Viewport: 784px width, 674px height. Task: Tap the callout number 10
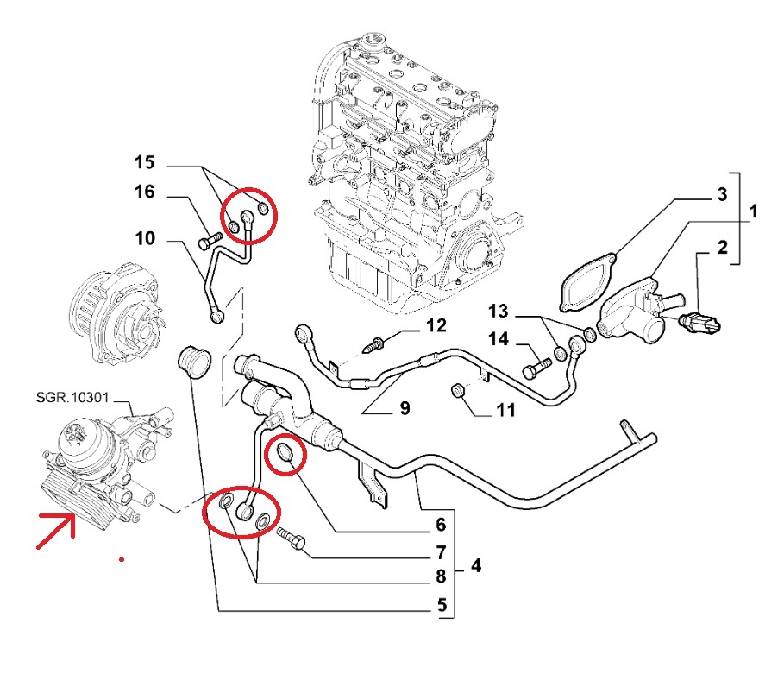click(144, 236)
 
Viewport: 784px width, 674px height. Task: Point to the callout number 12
click(436, 325)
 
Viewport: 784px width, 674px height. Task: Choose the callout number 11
click(505, 410)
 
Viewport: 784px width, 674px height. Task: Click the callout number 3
click(723, 196)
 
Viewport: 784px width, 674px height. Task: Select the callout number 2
click(723, 250)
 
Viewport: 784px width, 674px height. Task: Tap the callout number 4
click(476, 567)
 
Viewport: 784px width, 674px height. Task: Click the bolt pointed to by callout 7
click(291, 540)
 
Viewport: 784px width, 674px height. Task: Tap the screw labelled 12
click(376, 345)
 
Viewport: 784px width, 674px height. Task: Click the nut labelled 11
click(460, 394)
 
